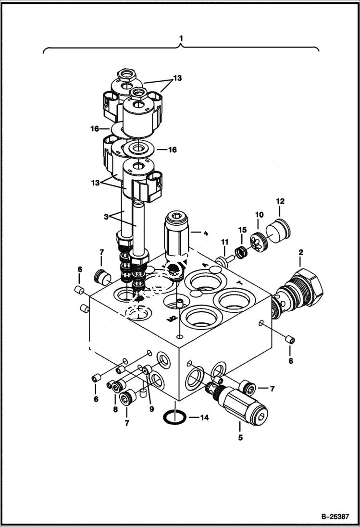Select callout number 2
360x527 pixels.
click(x=300, y=252)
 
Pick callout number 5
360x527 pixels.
click(x=240, y=438)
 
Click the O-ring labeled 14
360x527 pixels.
click(x=174, y=417)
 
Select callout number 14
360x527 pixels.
click(x=204, y=418)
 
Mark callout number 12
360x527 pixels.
click(x=280, y=201)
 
